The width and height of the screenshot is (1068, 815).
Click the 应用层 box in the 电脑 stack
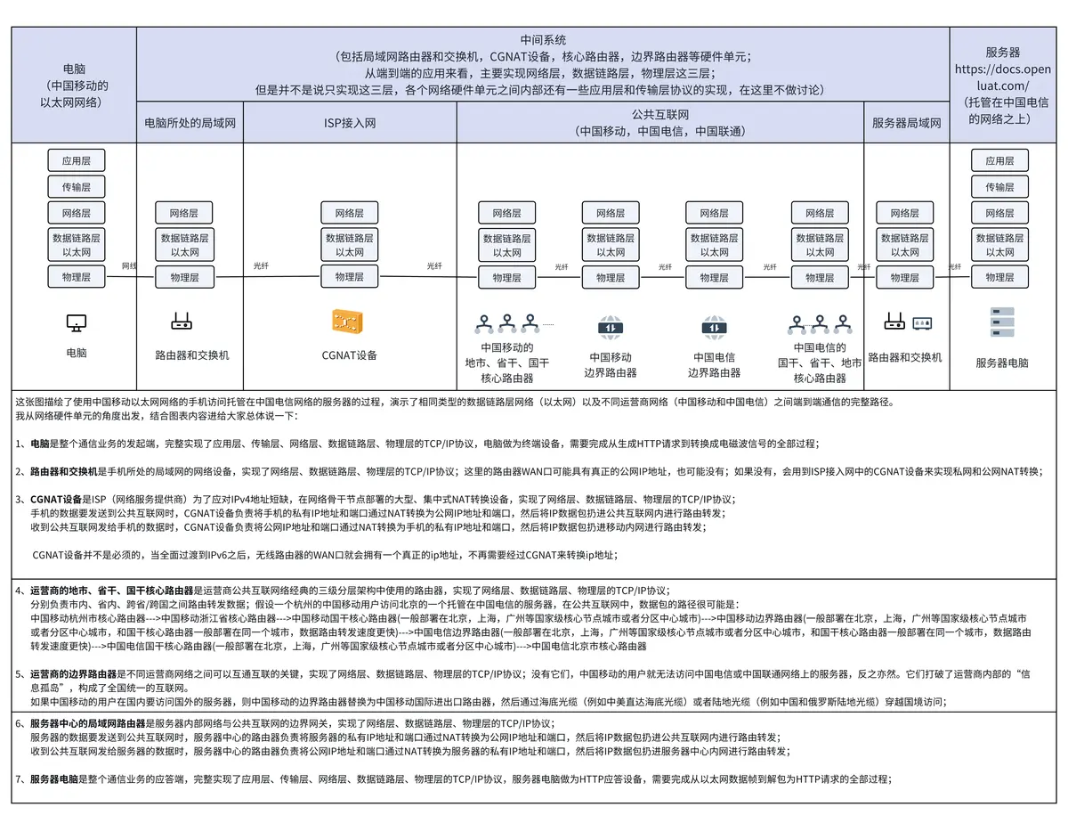[76, 161]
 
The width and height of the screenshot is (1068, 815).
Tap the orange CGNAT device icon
[350, 322]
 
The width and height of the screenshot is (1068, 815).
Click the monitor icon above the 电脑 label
[76, 322]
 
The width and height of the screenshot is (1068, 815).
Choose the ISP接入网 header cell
[350, 123]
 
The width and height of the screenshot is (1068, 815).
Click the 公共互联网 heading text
[659, 115]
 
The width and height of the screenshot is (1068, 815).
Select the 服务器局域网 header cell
[905, 123]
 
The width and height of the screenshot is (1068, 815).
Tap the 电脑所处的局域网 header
[190, 123]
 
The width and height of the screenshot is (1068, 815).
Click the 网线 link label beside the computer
[129, 265]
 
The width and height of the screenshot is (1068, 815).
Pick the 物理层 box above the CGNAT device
[350, 277]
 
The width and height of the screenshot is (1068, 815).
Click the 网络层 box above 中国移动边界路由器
[611, 214]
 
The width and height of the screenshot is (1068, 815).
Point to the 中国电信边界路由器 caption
[714, 365]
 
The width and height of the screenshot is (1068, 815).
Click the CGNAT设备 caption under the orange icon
[350, 355]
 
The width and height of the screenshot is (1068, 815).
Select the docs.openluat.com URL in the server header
[1002, 77]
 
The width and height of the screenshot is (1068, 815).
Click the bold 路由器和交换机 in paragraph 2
[61, 471]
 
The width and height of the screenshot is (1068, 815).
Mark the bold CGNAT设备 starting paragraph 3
[56, 499]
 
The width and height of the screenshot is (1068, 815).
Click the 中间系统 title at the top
[543, 40]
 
